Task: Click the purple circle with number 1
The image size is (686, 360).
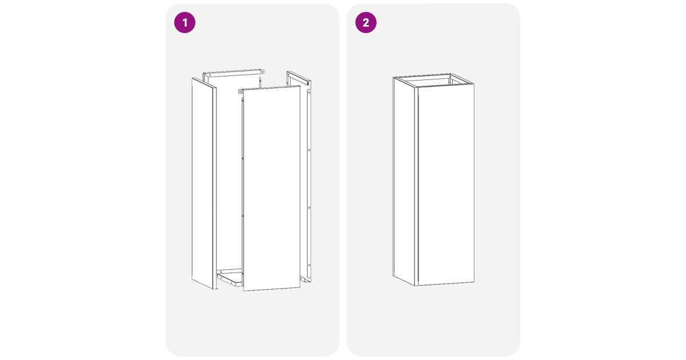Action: (185, 23)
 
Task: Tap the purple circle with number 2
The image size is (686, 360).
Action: (366, 23)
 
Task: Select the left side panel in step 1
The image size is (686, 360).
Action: (204, 183)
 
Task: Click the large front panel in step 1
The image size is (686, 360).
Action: (272, 188)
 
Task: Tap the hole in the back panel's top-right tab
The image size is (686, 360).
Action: (262, 71)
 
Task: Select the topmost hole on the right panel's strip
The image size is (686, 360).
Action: (309, 92)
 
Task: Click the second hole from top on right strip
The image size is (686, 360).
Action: (309, 150)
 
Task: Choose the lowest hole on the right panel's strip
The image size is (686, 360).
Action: (309, 265)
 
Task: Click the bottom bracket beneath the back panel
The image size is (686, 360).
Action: (230, 279)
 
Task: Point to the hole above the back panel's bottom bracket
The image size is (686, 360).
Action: (221, 272)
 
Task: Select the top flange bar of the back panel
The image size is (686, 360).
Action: (233, 73)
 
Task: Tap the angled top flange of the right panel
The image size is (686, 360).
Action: (298, 78)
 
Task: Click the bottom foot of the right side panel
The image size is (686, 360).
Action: (305, 279)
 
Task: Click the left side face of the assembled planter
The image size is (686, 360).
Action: (405, 181)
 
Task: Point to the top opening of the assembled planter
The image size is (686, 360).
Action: (433, 81)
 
